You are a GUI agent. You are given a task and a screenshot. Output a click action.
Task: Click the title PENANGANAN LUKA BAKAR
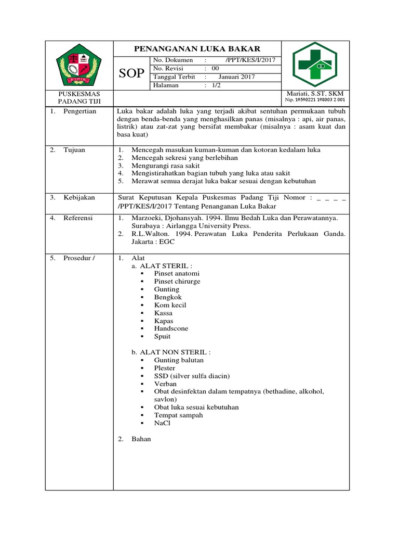pyautogui.click(x=197, y=49)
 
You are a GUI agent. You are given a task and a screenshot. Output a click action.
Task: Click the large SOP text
pyautogui.click(x=131, y=73)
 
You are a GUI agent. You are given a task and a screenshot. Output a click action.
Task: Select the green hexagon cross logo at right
pyautogui.click(x=315, y=65)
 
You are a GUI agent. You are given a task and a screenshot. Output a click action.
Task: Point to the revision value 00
pyautogui.click(x=215, y=69)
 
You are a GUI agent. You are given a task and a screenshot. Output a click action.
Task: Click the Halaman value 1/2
pyautogui.click(x=216, y=85)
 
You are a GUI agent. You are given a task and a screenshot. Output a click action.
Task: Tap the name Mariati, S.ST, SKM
pyautogui.click(x=315, y=93)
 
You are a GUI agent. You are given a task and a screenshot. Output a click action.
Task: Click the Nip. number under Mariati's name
pyautogui.click(x=315, y=99)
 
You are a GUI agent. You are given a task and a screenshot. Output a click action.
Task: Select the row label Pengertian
pyautogui.click(x=80, y=111)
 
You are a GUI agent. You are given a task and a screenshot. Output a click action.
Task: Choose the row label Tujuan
pyautogui.click(x=74, y=150)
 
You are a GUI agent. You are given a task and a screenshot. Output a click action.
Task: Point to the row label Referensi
pyautogui.click(x=78, y=218)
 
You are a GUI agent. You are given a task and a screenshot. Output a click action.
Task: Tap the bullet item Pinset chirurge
pyautogui.click(x=177, y=282)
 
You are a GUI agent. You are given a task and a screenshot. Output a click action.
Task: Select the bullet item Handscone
pyautogui.click(x=171, y=329)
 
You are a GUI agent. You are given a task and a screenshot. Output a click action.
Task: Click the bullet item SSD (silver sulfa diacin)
pyautogui.click(x=192, y=376)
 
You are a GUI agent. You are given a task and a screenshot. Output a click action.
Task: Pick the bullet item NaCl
pyautogui.click(x=162, y=423)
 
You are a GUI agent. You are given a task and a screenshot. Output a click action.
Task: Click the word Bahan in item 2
pyautogui.click(x=141, y=439)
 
